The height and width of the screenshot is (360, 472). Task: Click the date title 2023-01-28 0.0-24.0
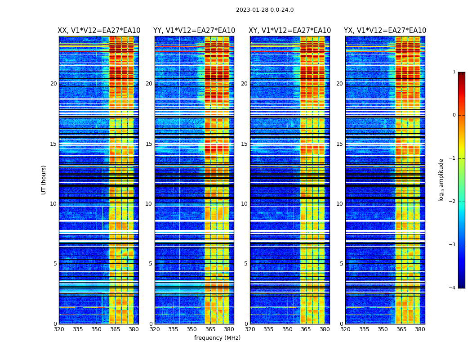tap(265, 10)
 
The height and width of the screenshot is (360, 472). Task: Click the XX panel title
tap(99, 31)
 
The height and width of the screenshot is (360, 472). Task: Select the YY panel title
tap(194, 31)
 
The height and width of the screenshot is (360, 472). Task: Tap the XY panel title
tap(290, 31)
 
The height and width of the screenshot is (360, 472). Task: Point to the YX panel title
tap(385, 31)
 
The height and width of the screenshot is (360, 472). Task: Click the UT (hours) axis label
tap(44, 180)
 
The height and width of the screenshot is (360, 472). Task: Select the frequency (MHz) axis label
tap(217, 338)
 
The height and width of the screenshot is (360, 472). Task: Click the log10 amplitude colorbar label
tap(441, 180)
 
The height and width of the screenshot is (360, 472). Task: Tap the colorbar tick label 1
tap(454, 72)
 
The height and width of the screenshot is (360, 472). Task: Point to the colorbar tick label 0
tap(454, 115)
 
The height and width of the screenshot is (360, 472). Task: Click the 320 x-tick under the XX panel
tap(59, 329)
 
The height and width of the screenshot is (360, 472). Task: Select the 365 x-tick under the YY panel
tap(210, 329)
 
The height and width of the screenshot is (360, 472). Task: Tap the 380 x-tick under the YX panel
tap(420, 329)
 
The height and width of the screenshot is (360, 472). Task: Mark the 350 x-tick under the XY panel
tap(287, 329)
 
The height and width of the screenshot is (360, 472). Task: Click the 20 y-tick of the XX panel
tap(53, 84)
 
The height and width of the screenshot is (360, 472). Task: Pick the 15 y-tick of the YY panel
tap(149, 144)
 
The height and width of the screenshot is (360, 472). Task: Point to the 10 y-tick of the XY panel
tap(244, 204)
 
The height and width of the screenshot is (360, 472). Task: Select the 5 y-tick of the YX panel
tap(341, 264)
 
